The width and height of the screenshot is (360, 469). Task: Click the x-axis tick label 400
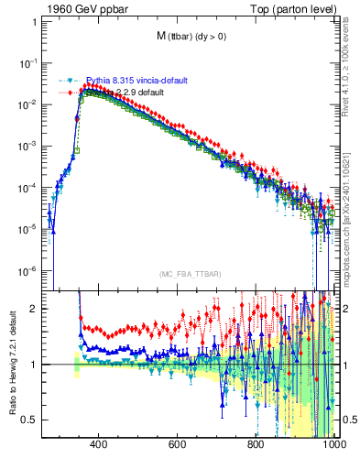pyautogui.click(x=100, y=446)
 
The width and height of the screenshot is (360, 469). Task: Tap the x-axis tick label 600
pyautogui.click(x=179, y=446)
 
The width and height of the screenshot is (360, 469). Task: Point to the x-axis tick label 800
pyautogui.click(x=257, y=446)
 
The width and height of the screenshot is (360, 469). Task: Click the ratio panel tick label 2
pyautogui.click(x=34, y=309)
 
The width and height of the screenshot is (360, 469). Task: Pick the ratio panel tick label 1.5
pyautogui.click(x=30, y=337)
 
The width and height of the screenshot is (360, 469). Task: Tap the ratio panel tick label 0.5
pyautogui.click(x=30, y=420)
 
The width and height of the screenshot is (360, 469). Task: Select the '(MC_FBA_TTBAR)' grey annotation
pyautogui.click(x=189, y=276)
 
